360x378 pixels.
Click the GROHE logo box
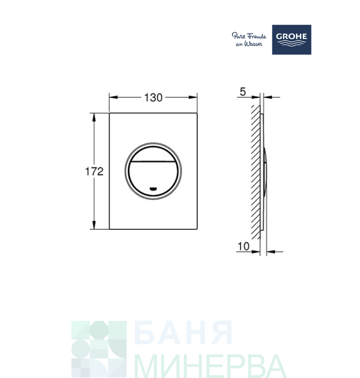click(292, 39)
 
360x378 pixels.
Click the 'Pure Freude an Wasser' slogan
click(249, 39)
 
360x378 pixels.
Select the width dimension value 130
click(153, 97)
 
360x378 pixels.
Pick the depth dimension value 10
click(244, 247)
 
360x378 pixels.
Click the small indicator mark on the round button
click(154, 189)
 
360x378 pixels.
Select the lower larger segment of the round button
click(154, 176)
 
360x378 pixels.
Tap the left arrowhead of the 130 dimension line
click(113, 97)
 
